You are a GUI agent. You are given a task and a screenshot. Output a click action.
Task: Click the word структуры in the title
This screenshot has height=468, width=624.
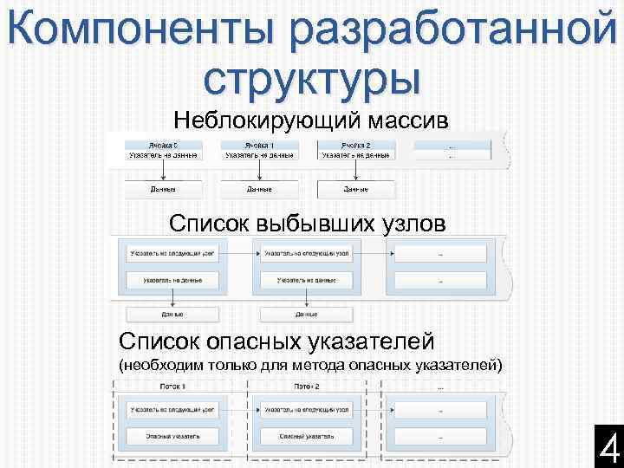[x=312, y=78]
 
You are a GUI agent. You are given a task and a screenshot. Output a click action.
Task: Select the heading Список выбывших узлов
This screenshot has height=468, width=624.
[x=308, y=224]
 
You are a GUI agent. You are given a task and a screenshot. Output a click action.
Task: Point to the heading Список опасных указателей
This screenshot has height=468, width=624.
[x=276, y=340]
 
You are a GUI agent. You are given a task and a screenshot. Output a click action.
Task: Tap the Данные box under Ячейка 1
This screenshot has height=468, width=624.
[x=259, y=188]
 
